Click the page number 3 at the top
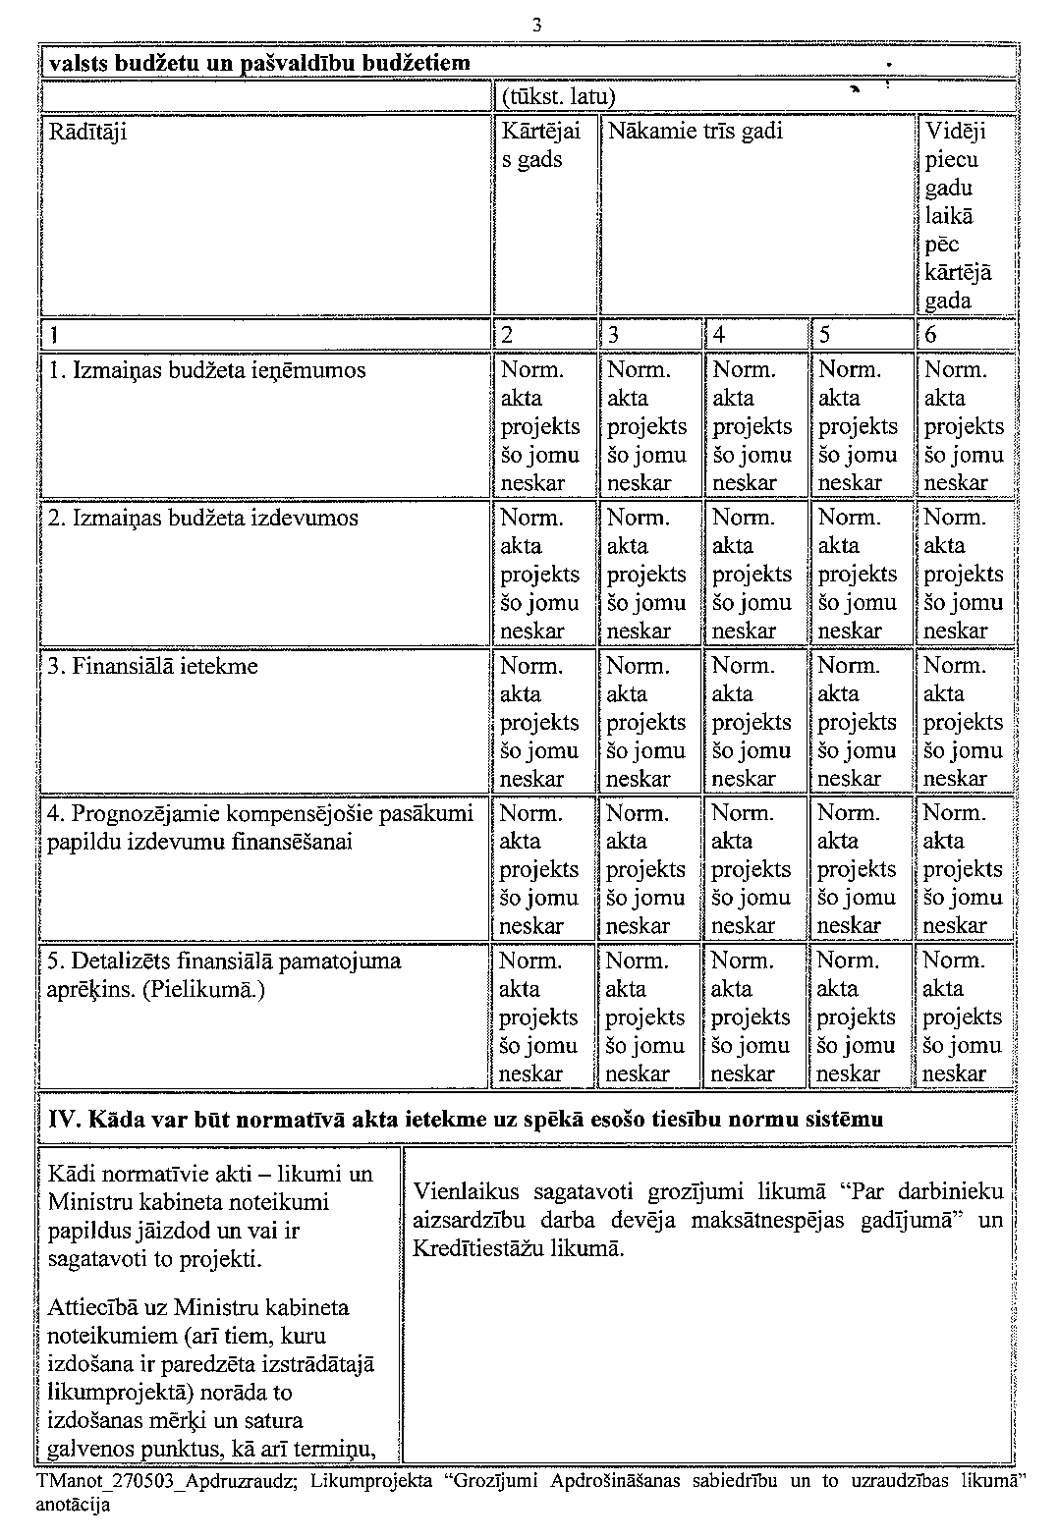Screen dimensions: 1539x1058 (x=537, y=27)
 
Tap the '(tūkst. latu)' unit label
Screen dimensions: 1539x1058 (x=557, y=97)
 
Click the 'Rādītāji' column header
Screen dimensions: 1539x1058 (x=87, y=132)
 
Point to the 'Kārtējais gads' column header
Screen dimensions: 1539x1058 (x=540, y=145)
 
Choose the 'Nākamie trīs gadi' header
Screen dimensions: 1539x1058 (x=696, y=132)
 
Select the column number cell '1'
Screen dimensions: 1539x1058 (x=55, y=334)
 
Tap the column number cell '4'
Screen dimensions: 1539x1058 (x=720, y=334)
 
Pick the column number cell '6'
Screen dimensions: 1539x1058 (x=931, y=334)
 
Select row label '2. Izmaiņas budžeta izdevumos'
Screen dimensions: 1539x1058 (x=203, y=519)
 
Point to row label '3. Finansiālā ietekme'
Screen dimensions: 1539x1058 (x=153, y=666)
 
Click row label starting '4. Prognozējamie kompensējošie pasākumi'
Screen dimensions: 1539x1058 (x=260, y=827)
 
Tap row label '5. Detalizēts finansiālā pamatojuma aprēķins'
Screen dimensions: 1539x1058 (x=224, y=974)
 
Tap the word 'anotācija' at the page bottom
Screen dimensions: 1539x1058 (x=73, y=1504)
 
